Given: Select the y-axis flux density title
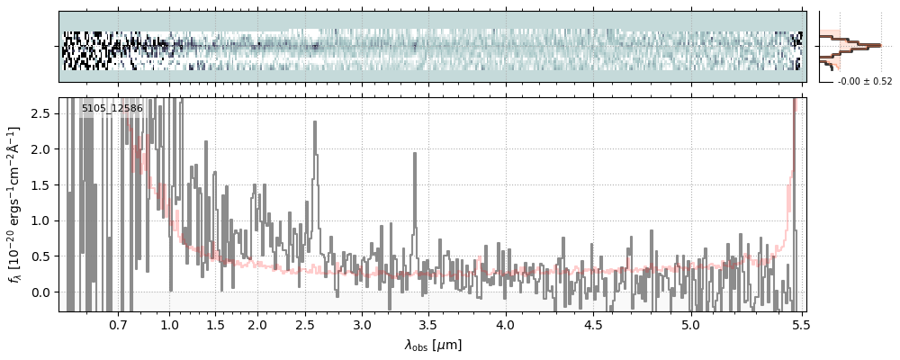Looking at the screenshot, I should tap(15, 205).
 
